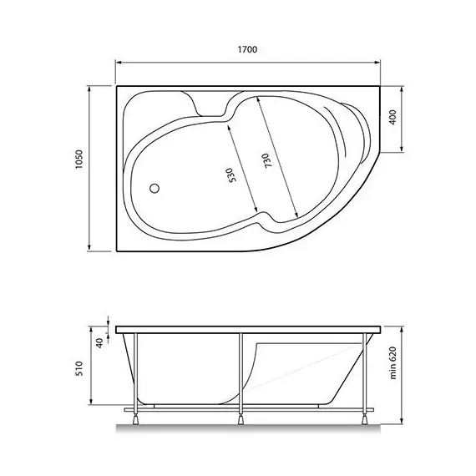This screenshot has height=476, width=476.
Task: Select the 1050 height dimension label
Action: pos(78,168)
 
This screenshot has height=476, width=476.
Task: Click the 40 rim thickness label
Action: pos(99,342)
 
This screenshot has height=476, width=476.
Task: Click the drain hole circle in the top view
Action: pos(154,188)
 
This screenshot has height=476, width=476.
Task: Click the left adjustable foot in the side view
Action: pos(135,413)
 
